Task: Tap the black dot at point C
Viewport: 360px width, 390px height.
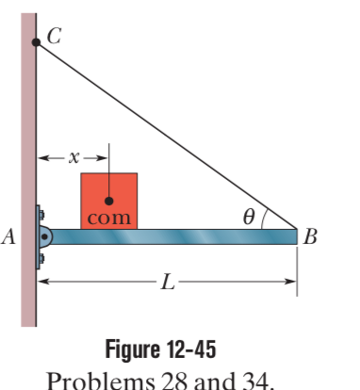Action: pyautogui.click(x=36, y=42)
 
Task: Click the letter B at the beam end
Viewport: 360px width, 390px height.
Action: pyautogui.click(x=311, y=236)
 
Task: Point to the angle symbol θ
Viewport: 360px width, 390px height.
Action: pyautogui.click(x=248, y=217)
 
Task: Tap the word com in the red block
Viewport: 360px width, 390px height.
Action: pyautogui.click(x=108, y=219)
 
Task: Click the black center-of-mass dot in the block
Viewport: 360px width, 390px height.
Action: pyautogui.click(x=109, y=201)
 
